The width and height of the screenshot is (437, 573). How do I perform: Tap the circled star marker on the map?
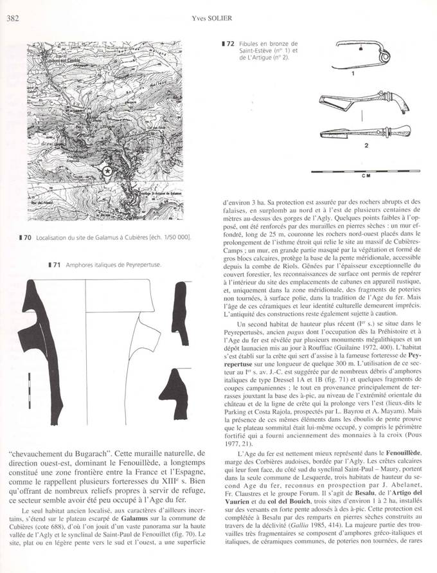[107, 170]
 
